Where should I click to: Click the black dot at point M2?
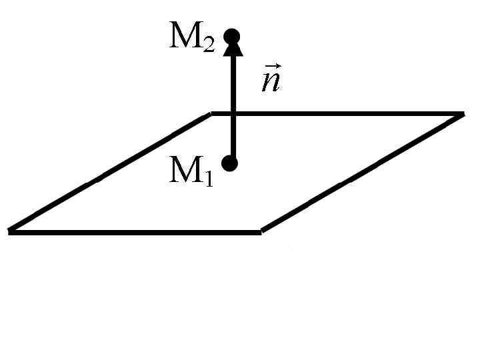(x=231, y=36)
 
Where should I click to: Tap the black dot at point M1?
(x=229, y=163)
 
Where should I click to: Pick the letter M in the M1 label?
(x=184, y=171)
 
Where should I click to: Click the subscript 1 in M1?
(x=208, y=179)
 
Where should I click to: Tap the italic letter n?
(x=270, y=83)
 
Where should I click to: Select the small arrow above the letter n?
(x=271, y=67)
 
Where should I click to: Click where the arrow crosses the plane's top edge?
(x=233, y=113)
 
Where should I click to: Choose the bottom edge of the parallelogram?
(x=133, y=232)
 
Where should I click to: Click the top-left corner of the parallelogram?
(x=211, y=114)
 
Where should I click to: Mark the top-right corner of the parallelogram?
(x=461, y=114)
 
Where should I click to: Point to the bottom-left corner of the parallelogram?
(x=9, y=231)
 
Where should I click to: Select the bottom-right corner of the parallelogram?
(x=261, y=232)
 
